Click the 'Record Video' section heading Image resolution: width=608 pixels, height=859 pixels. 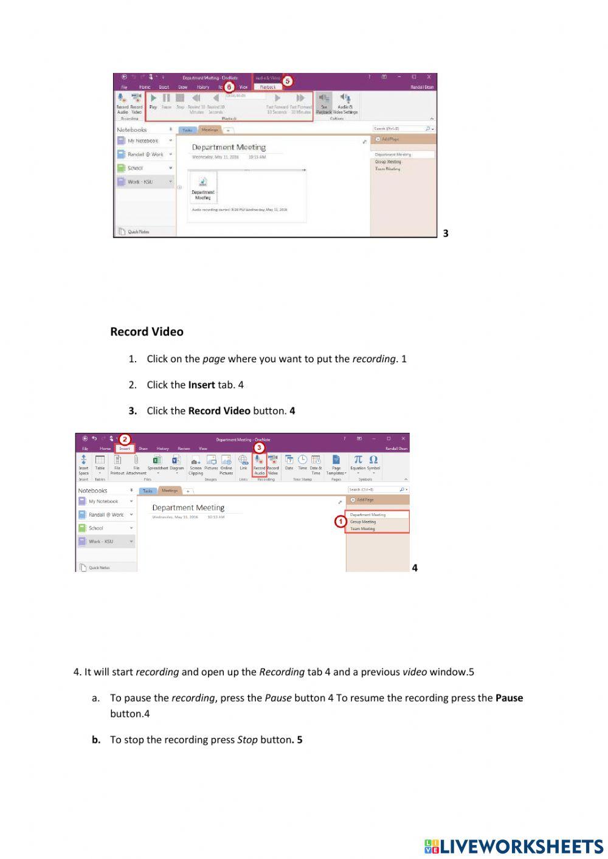pyautogui.click(x=147, y=332)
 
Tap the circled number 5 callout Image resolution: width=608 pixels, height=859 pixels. pyautogui.click(x=288, y=81)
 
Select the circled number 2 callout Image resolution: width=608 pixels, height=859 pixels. pyautogui.click(x=125, y=439)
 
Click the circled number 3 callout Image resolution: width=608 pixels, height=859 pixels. pyautogui.click(x=259, y=447)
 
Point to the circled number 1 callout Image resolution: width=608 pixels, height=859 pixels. pyautogui.click(x=340, y=522)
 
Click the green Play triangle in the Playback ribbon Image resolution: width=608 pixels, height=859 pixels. pyautogui.click(x=153, y=98)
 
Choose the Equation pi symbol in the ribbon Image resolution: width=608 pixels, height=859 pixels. pyautogui.click(x=358, y=460)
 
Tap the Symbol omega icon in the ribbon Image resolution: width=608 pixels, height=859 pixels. pyautogui.click(x=373, y=460)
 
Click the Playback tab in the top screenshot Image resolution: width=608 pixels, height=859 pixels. pyautogui.click(x=268, y=87)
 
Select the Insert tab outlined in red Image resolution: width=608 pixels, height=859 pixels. pyautogui.click(x=125, y=449)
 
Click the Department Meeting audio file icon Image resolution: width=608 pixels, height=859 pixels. pyautogui.click(x=203, y=182)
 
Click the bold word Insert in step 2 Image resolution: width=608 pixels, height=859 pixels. pyautogui.click(x=201, y=385)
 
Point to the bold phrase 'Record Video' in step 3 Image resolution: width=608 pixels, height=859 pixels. pyautogui.click(x=219, y=411)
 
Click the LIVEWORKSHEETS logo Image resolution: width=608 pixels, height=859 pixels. pyautogui.click(x=514, y=846)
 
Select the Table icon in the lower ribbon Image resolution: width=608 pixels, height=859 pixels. pyautogui.click(x=100, y=460)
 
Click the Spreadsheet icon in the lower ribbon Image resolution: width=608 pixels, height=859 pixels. pyautogui.click(x=157, y=460)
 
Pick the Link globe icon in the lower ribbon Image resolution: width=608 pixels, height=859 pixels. pyautogui.click(x=243, y=460)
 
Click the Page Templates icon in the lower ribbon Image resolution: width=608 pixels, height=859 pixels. pyautogui.click(x=336, y=460)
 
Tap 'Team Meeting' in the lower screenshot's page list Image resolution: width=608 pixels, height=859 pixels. pyautogui.click(x=362, y=529)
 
